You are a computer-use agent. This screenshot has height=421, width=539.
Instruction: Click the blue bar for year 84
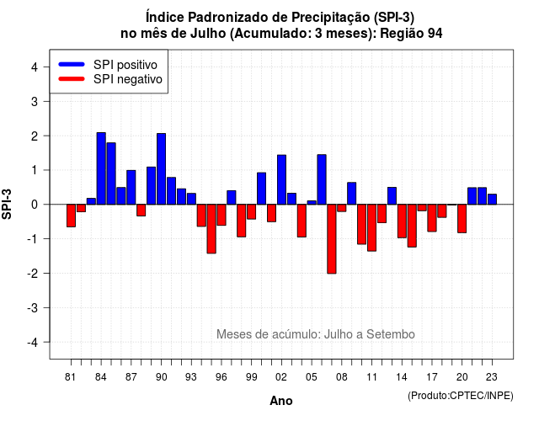click(101, 168)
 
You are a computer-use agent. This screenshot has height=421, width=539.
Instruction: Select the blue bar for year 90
click(161, 168)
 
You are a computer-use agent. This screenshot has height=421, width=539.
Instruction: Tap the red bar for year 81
click(71, 216)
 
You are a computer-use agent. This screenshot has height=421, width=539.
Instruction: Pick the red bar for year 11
click(371, 227)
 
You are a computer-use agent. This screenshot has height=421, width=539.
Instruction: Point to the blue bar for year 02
click(281, 179)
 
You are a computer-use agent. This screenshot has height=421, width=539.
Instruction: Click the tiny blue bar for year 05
click(312, 202)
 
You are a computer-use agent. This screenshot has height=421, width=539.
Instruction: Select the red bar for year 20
click(462, 219)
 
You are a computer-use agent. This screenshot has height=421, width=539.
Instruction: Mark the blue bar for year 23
click(492, 200)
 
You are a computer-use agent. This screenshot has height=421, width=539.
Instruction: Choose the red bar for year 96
click(221, 215)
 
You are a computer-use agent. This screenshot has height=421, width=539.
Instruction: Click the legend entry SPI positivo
click(125, 65)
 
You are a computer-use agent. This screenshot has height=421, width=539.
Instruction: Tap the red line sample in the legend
click(72, 78)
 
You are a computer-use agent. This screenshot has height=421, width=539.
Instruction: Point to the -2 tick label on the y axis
click(34, 274)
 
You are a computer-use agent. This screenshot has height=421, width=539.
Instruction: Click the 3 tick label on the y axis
click(35, 101)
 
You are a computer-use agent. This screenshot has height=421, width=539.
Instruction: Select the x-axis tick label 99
click(251, 377)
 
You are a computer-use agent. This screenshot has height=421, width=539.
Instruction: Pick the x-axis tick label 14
click(402, 377)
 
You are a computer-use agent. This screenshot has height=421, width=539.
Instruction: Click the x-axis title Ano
click(281, 401)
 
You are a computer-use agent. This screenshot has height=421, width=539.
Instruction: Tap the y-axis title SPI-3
click(7, 204)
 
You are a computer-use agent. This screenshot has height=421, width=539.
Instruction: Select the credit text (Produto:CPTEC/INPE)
click(461, 396)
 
